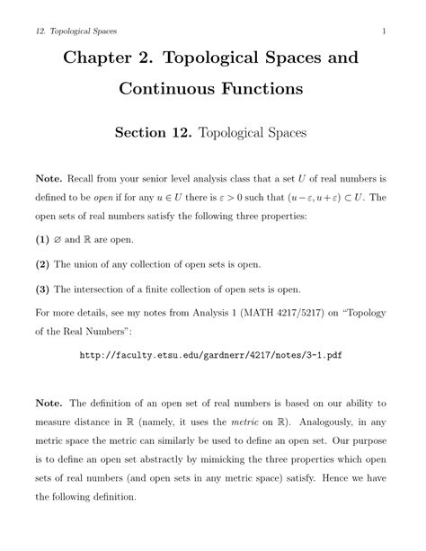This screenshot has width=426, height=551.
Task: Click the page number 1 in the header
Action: pyautogui.click(x=384, y=32)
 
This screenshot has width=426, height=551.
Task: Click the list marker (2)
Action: pyautogui.click(x=41, y=265)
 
